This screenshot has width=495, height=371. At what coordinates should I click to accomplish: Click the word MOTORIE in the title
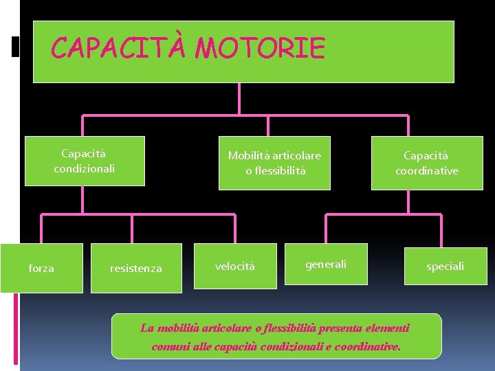(x=260, y=49)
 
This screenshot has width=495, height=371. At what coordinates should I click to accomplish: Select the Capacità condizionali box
(x=85, y=161)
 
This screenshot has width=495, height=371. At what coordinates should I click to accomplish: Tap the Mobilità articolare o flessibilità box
(x=274, y=164)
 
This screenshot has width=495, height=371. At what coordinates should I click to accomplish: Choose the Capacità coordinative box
(x=426, y=164)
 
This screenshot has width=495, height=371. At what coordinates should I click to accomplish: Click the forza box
(x=41, y=268)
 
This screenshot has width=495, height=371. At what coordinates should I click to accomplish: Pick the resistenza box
(x=136, y=269)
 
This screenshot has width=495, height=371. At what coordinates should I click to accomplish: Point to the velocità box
(x=235, y=266)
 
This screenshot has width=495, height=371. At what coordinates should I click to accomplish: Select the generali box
(x=326, y=264)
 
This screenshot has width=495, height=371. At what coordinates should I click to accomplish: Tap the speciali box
(x=445, y=266)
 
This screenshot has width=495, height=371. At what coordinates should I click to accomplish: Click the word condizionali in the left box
(x=85, y=168)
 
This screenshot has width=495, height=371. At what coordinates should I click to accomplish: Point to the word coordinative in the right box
(x=426, y=171)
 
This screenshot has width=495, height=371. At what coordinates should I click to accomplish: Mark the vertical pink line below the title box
(x=239, y=98)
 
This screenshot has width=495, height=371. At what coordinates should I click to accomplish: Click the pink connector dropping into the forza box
(x=41, y=229)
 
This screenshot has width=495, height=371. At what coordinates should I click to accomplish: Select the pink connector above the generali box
(x=326, y=229)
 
